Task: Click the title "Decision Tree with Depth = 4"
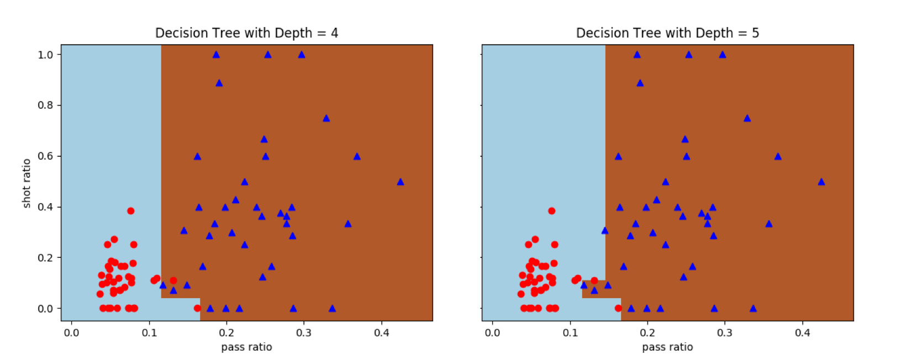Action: (x=246, y=33)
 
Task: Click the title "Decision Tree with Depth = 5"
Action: (x=667, y=33)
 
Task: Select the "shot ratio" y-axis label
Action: (x=27, y=183)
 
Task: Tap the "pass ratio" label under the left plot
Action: (x=246, y=347)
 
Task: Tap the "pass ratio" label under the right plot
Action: (x=667, y=347)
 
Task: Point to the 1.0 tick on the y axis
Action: (x=45, y=55)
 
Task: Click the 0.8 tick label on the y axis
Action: (x=45, y=105)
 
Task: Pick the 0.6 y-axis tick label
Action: (x=45, y=156)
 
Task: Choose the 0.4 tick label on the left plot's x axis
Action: (x=381, y=333)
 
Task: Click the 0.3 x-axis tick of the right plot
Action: (x=725, y=333)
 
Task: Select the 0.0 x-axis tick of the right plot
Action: (x=492, y=333)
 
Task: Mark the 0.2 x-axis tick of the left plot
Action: (x=226, y=333)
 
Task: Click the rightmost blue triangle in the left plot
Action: (x=401, y=182)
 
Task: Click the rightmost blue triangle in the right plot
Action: (x=821, y=182)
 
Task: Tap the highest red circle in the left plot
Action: (x=130, y=211)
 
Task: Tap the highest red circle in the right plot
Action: (x=551, y=211)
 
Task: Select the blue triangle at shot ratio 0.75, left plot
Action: (x=326, y=118)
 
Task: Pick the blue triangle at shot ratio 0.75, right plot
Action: (x=747, y=118)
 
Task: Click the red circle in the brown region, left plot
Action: (x=173, y=280)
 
